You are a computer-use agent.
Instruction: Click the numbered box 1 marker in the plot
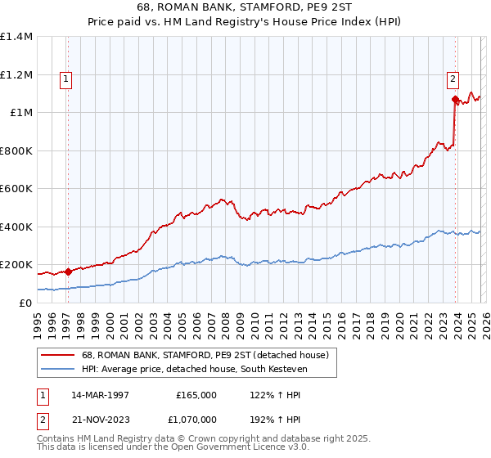(65, 79)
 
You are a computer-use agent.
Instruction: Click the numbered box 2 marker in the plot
(452, 79)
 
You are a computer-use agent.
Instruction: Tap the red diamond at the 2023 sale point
(455, 100)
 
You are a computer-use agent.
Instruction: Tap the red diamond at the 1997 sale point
(68, 272)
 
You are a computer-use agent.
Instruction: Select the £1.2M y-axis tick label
(16, 74)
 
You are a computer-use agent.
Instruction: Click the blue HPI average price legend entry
(209, 370)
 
